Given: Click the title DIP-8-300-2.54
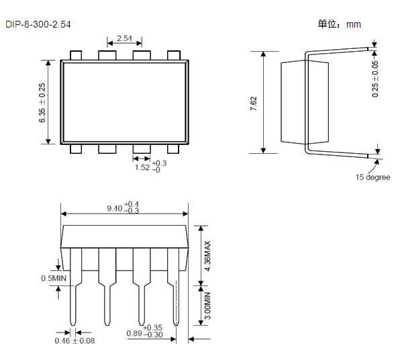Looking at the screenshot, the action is coord(38,24).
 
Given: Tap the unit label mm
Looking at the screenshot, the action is coord(354,25).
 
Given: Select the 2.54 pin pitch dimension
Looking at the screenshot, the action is coord(124,38).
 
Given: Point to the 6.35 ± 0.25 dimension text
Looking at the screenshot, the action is coord(42,103).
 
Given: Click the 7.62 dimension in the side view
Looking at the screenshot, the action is coord(253,103).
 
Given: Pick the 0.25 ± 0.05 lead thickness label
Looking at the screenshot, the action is coord(375,79).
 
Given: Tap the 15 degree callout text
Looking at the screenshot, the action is coord(373,177).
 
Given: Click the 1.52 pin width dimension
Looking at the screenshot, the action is coord(142,167).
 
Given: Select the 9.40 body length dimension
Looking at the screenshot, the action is coord(115,208).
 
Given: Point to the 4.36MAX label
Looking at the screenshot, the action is coord(207,256).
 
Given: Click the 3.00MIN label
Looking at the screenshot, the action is coord(207,306).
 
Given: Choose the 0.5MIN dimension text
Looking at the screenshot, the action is coord(54,278).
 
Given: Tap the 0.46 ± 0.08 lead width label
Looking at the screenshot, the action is coord(75,341).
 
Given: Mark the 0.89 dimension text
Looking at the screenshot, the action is coord(134,334).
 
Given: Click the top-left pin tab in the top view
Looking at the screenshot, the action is coord(76,55).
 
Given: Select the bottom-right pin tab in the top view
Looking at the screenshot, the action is coord(173,149).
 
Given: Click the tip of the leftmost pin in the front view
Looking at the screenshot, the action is coord(73,325).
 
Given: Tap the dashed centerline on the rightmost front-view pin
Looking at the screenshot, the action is coord(176,312).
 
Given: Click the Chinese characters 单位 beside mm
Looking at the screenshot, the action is coord(327,24).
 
